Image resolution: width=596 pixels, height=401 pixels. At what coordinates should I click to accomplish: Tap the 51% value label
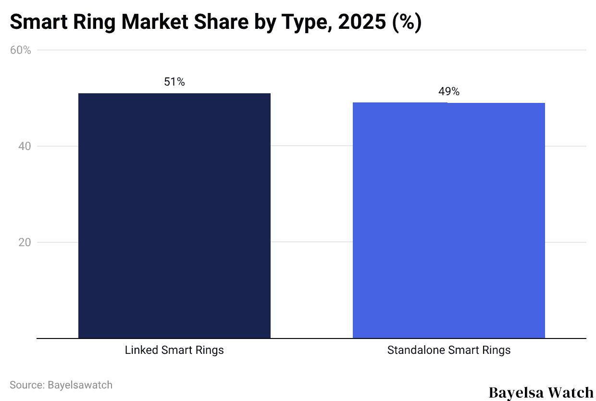174,82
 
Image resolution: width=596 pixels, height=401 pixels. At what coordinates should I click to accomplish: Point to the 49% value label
448,92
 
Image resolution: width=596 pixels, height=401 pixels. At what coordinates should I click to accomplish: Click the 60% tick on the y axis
21,50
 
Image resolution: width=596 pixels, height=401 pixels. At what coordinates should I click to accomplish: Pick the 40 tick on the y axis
25,146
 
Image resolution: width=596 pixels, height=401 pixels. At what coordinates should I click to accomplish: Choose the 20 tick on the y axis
25,242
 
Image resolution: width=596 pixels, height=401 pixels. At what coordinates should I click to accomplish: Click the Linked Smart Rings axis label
174,350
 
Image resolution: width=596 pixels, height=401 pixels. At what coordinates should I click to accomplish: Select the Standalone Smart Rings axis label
448,350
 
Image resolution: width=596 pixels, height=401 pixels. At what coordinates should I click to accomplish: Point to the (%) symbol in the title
407,23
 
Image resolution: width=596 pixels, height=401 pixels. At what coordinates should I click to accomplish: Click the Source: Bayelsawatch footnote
61,385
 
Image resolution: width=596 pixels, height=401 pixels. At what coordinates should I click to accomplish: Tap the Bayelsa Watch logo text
541,392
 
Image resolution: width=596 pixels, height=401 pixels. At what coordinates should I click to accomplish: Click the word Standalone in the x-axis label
416,350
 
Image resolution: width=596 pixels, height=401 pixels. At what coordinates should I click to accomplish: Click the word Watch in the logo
571,392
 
